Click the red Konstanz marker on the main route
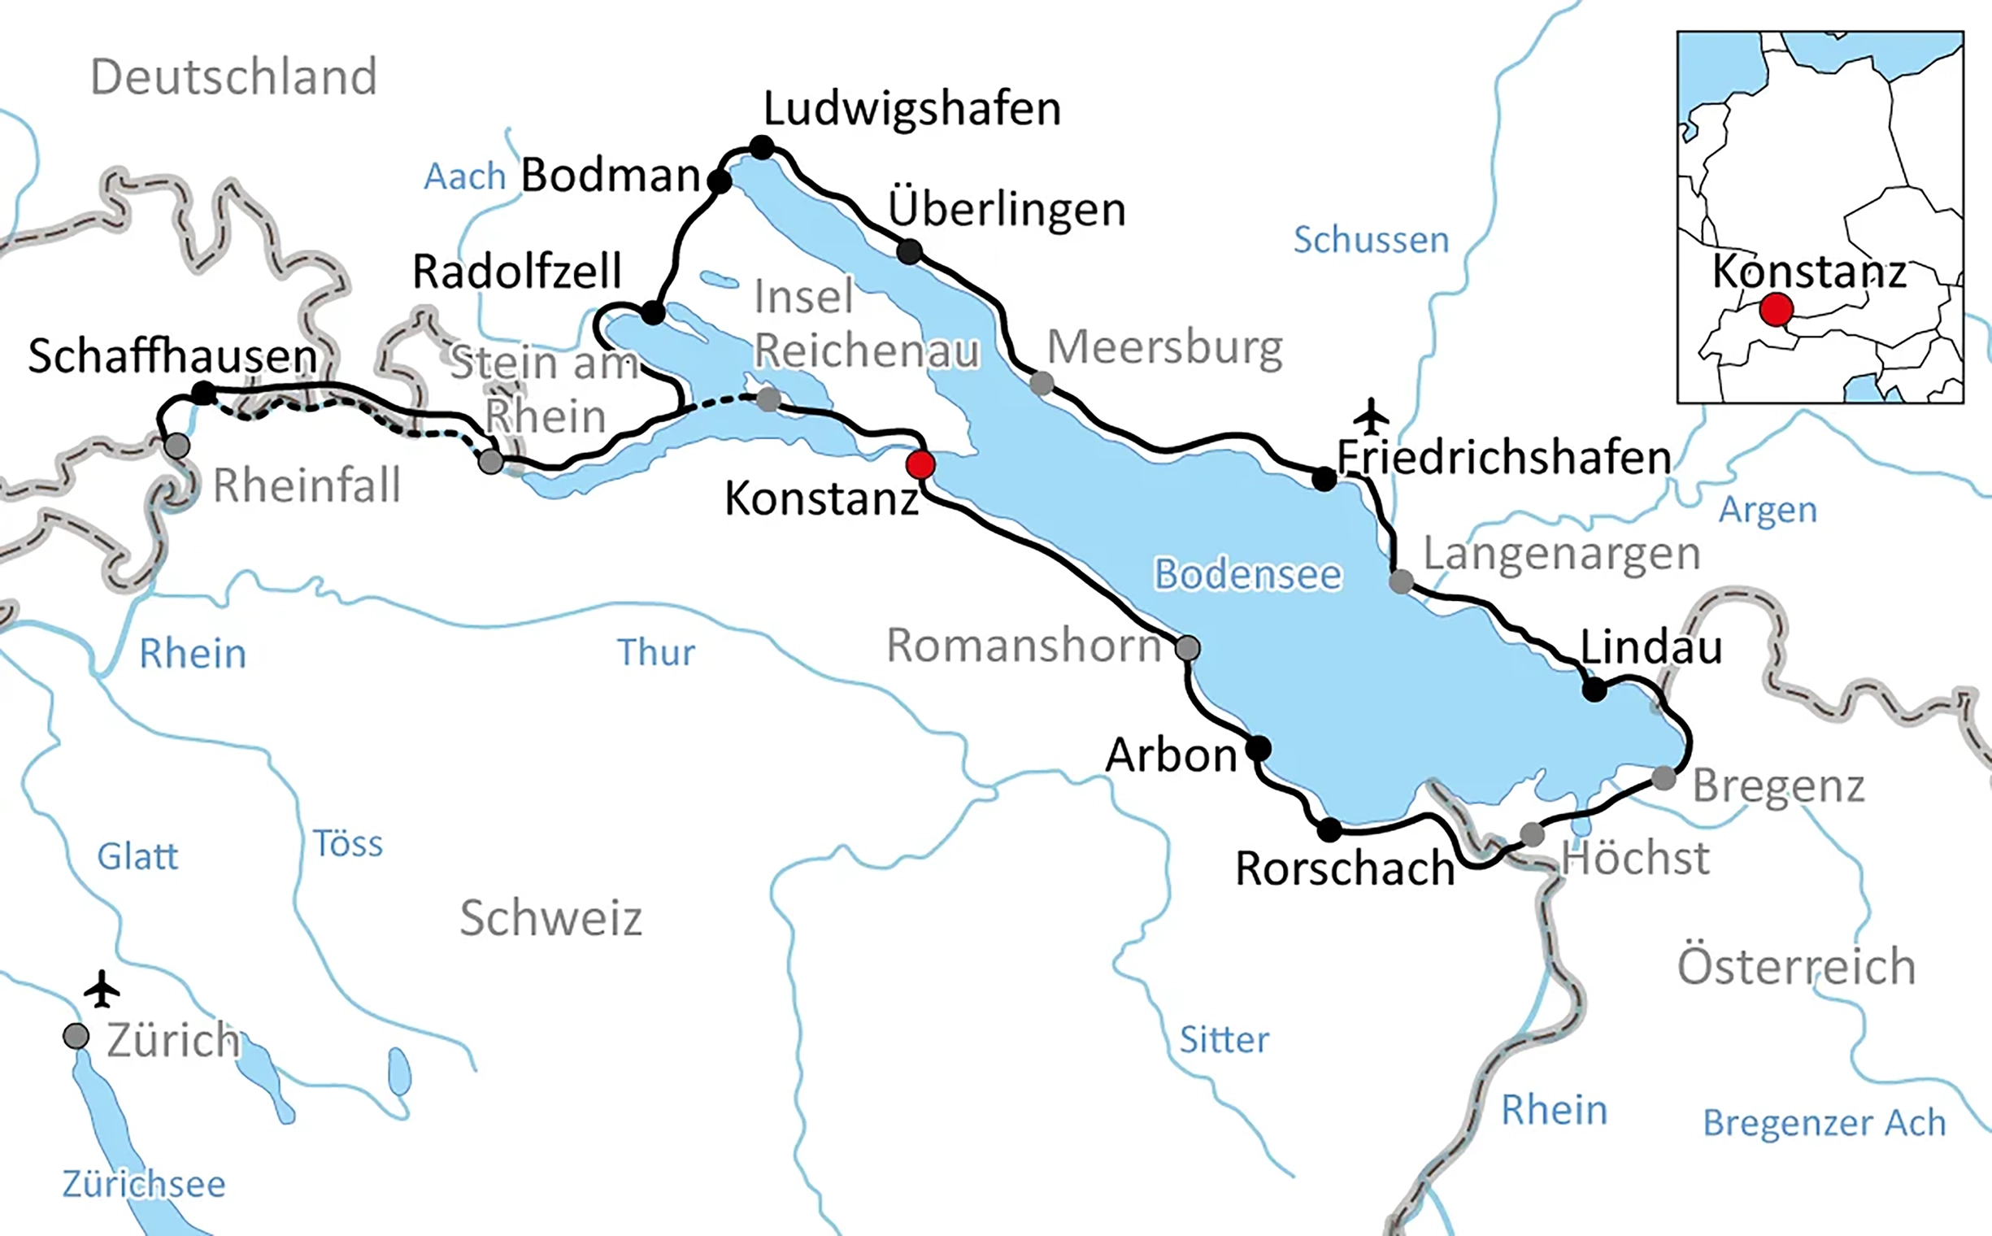pyautogui.click(x=920, y=464)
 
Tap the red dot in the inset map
pyautogui.click(x=1777, y=310)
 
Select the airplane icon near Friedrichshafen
pyautogui.click(x=1371, y=416)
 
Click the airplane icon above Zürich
pyautogui.click(x=102, y=989)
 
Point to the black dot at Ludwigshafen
pyautogui.click(x=761, y=147)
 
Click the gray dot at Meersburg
pyautogui.click(x=1042, y=381)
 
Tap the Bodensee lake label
pyautogui.click(x=1247, y=574)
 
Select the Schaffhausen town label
pyautogui.click(x=172, y=356)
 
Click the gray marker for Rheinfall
pyautogui.click(x=176, y=446)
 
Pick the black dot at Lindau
pyautogui.click(x=1594, y=689)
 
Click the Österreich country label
pyautogui.click(x=1796, y=966)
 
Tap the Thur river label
pyautogui.click(x=655, y=652)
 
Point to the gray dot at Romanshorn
pyautogui.click(x=1188, y=648)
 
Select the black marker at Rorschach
pyautogui.click(x=1329, y=829)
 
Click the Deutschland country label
pyautogui.click(x=234, y=76)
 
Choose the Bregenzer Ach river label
pyautogui.click(x=1824, y=1122)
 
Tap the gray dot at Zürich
pyautogui.click(x=76, y=1036)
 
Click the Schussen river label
pyautogui.click(x=1371, y=240)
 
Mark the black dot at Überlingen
pyautogui.click(x=909, y=251)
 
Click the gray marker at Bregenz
pyautogui.click(x=1664, y=777)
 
